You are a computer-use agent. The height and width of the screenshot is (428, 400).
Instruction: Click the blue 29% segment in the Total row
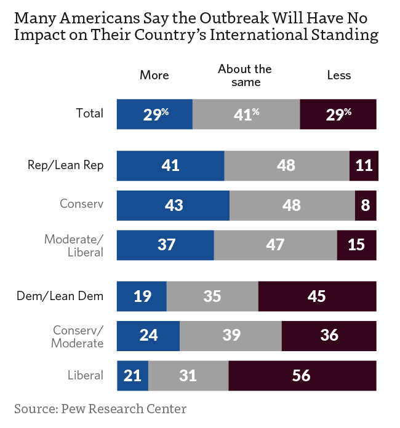pos(154,113)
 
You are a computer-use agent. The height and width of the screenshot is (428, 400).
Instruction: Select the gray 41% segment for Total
pos(246,113)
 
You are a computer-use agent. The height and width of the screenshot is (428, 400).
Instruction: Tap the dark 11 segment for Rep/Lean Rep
pos(363,165)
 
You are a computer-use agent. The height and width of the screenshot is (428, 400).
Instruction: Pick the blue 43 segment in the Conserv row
pos(173,205)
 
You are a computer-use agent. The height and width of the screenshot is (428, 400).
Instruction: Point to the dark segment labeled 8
pos(366,205)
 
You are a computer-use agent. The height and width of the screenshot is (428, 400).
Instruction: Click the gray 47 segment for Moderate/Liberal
pos(275,245)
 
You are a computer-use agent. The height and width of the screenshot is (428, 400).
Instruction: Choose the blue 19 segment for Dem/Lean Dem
pos(142,296)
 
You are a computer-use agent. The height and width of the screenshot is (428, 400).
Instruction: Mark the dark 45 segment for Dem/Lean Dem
pos(317,296)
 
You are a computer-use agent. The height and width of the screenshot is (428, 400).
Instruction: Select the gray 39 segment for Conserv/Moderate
pos(230,336)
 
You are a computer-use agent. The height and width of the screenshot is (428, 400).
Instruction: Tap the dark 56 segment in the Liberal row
pos(302,375)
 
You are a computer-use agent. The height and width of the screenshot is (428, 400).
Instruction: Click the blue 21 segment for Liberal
pos(133,375)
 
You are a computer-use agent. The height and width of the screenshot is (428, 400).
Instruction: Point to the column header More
pos(154,75)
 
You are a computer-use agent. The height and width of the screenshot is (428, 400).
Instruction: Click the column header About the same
pos(245,75)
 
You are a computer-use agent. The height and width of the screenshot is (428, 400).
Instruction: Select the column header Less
pos(339,75)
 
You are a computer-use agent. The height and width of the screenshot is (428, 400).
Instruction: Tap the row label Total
pos(89,113)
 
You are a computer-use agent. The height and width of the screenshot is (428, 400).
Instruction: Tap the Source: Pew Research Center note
pos(100,408)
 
